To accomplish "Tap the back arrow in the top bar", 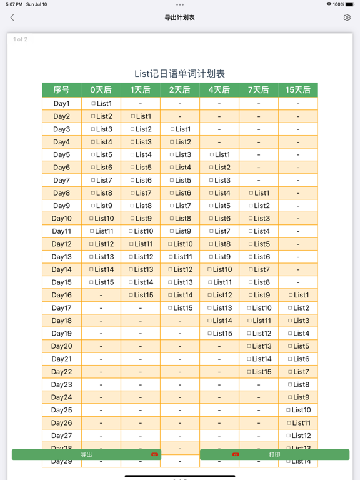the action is point(12,17).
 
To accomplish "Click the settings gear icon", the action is point(347,17).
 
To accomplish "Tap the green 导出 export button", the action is point(86,454).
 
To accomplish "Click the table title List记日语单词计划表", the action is point(180,74).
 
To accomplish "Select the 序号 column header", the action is point(61,90).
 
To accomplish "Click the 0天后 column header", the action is point(101,90).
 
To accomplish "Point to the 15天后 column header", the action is point(297,90).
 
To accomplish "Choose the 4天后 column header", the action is point(219,90).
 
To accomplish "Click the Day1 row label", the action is point(61,104).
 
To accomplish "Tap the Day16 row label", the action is point(61,295).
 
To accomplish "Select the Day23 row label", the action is point(61,384).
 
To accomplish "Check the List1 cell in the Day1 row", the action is point(101,104).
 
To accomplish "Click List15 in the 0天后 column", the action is point(101,282).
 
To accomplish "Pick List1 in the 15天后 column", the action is point(298,295).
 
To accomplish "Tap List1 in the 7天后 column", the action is point(259,193).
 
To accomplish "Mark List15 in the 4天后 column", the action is point(219,333).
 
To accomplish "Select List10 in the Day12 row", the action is point(180,244).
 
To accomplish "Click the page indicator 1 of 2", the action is point(21,39).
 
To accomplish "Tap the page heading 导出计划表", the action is point(180,17).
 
